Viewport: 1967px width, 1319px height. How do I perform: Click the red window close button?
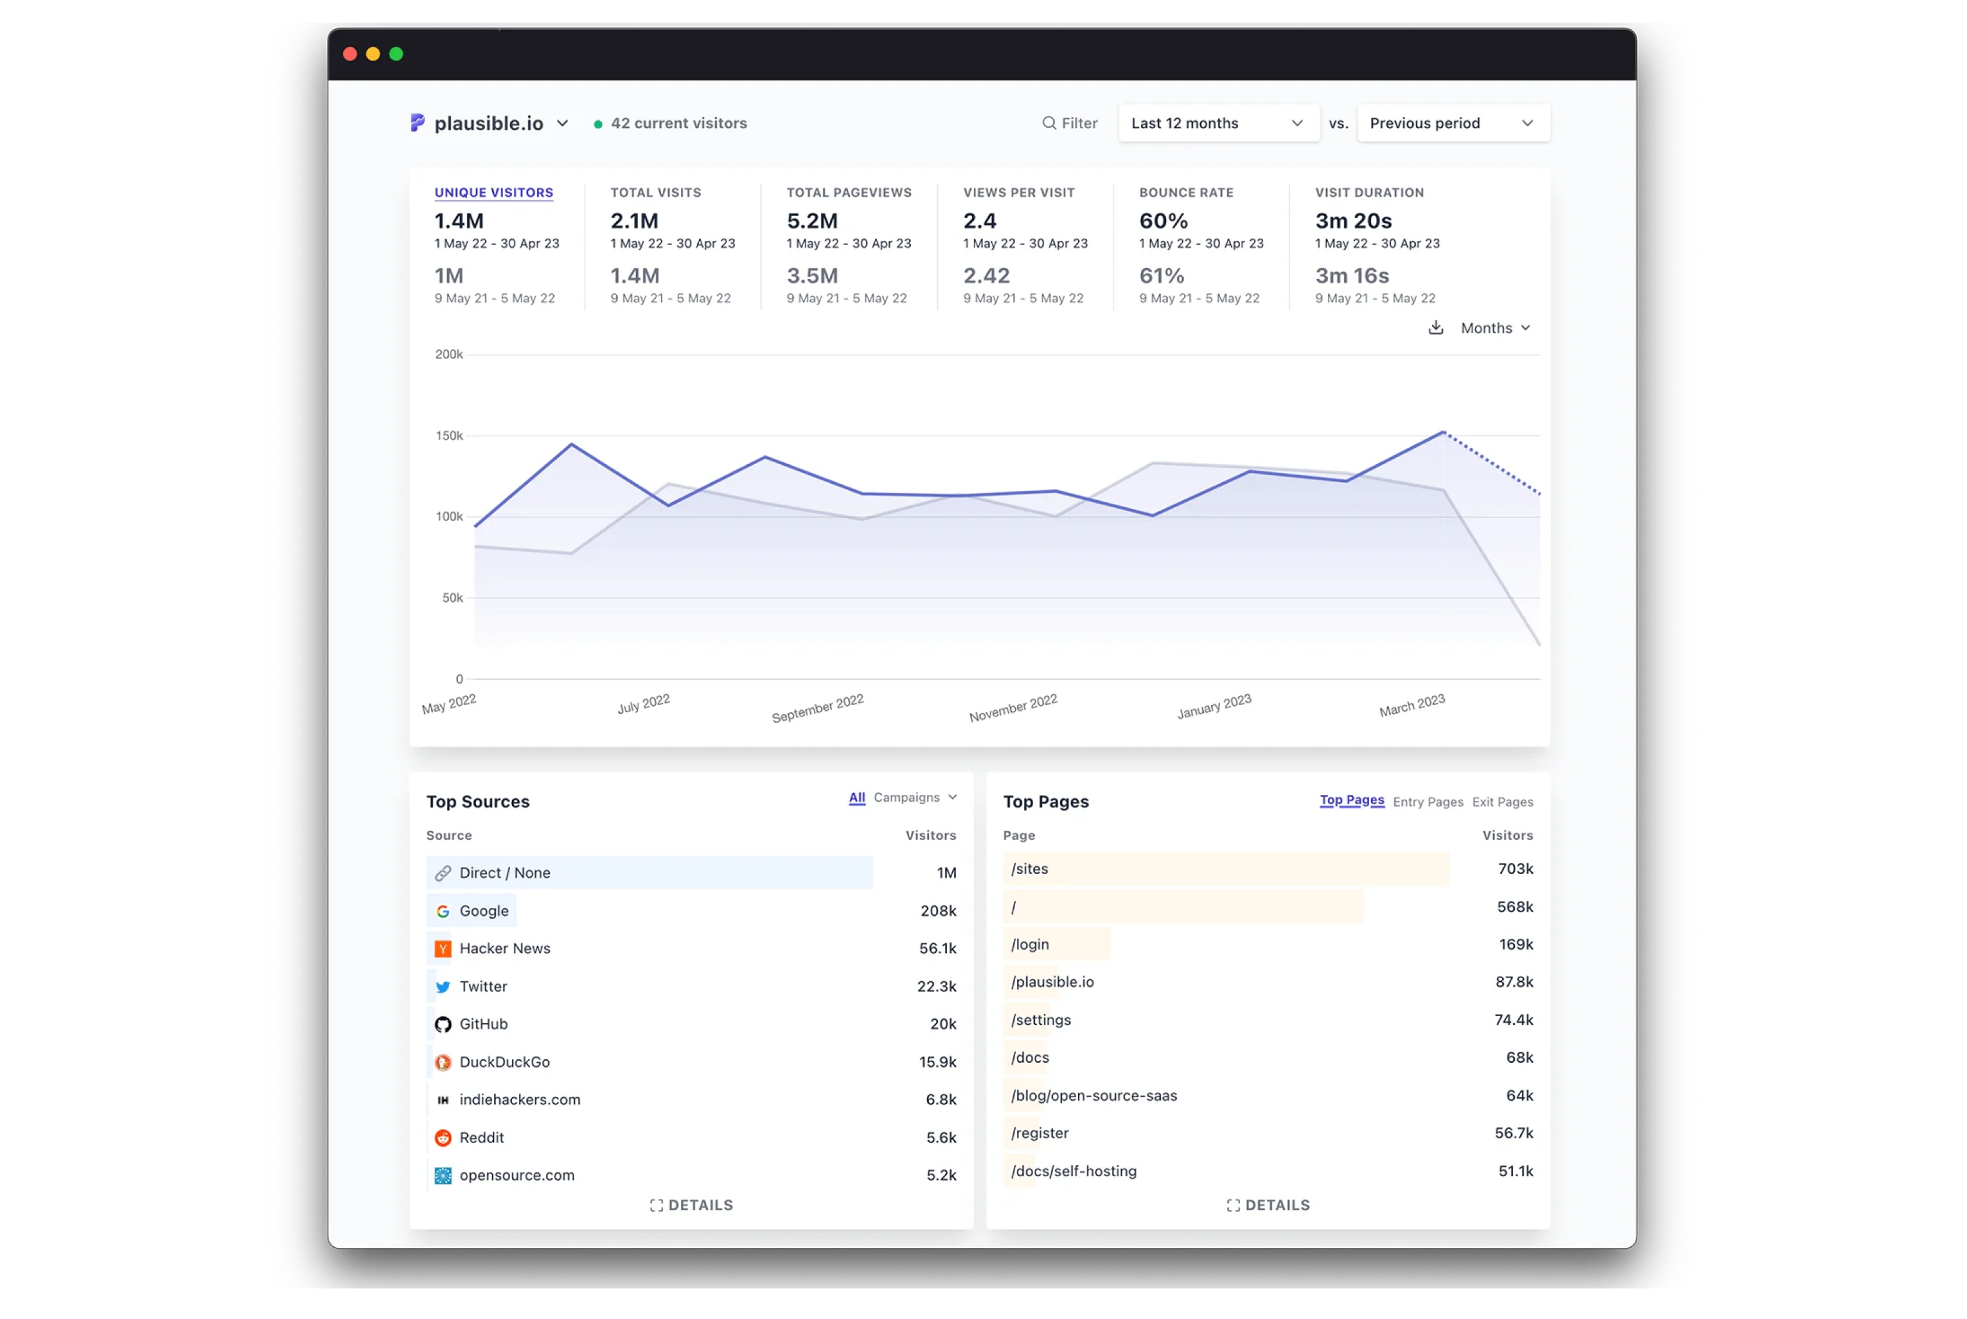350,54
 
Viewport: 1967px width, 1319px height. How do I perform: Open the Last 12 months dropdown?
1218,123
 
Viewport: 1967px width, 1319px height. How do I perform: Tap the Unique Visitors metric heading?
494,193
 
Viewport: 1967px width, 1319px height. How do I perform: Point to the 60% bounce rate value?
1163,220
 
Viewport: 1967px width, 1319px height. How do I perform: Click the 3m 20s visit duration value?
1353,220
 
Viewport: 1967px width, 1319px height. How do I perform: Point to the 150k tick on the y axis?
449,436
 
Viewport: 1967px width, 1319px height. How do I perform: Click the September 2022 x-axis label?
818,708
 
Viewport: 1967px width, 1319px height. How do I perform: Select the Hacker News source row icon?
443,949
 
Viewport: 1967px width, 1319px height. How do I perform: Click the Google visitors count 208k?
938,911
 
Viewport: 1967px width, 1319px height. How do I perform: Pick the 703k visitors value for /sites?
1515,869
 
